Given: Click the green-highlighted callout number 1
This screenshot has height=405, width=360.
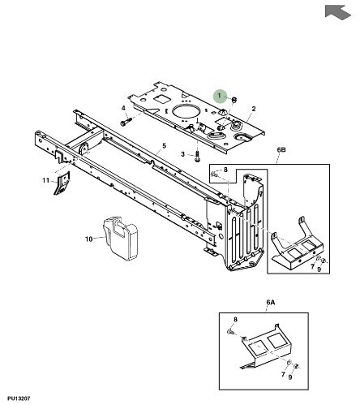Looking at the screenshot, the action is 220,96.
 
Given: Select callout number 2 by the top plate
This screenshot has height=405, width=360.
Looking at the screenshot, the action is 254,109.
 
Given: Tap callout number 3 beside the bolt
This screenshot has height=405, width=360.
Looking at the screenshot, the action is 183,154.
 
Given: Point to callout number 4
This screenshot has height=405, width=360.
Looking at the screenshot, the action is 123,108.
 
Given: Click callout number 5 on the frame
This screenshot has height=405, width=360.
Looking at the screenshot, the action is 164,146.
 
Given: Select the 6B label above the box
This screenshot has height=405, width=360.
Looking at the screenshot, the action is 281,150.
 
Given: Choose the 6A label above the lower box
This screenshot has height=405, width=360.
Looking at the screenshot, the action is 271,302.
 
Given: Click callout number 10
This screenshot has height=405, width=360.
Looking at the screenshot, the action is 89,239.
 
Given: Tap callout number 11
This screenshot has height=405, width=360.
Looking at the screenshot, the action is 46,180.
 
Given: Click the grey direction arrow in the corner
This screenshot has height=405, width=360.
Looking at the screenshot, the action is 337,12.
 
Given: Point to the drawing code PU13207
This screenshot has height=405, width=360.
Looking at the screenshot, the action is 19,399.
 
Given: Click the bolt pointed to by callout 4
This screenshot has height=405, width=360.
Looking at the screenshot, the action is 126,121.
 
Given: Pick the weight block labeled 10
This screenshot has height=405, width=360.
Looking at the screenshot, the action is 121,238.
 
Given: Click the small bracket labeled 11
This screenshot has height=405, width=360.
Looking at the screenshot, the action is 62,183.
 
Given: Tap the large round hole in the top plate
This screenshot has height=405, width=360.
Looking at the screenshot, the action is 186,111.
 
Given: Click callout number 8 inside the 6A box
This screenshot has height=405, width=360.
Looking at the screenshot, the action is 235,320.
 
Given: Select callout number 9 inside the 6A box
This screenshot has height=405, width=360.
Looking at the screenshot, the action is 290,377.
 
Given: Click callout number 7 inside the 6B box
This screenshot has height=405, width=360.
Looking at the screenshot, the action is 312,267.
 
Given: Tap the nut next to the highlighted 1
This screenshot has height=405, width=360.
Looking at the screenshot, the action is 234,100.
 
